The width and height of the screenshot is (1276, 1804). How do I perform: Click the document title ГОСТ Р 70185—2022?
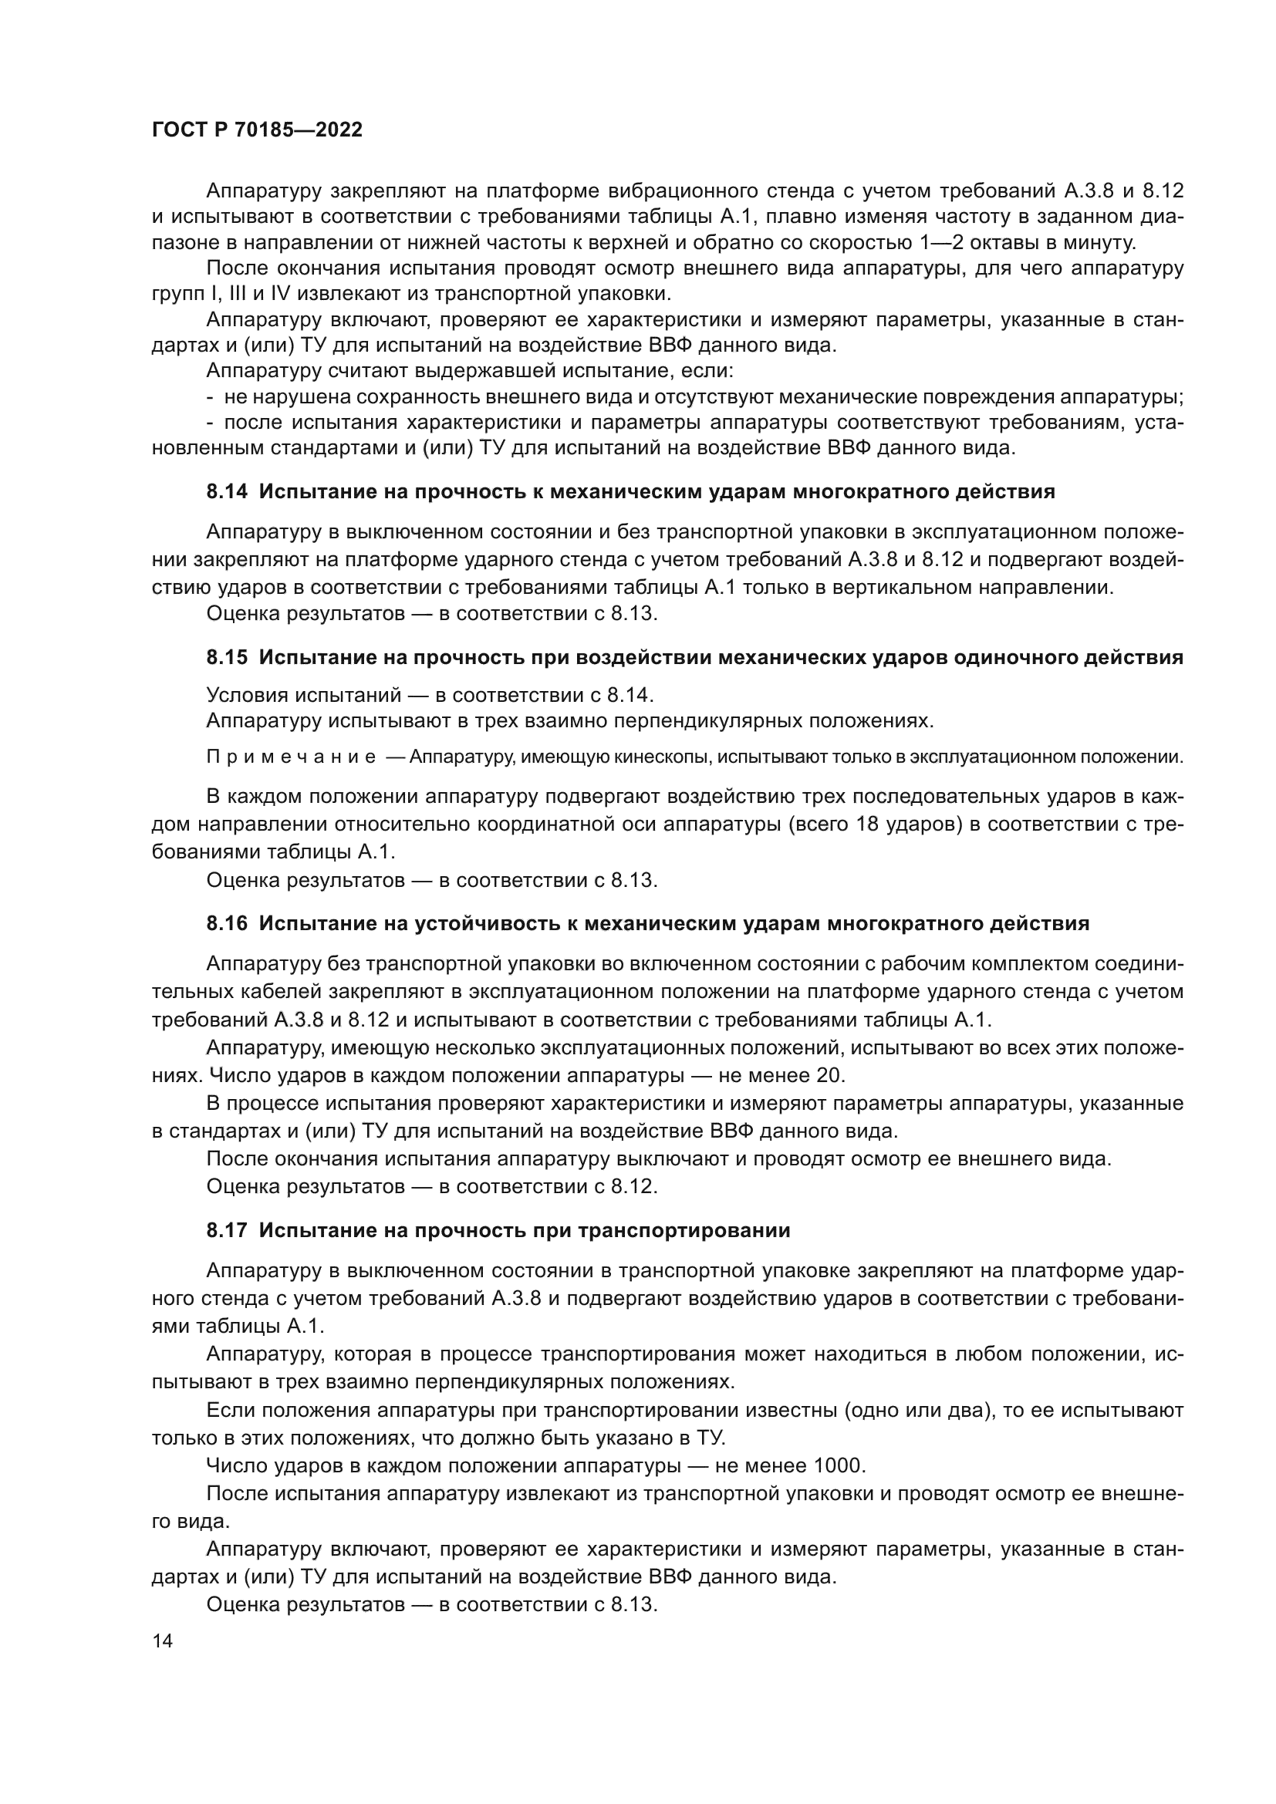click(x=257, y=130)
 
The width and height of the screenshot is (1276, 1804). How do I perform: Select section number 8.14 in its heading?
click(x=227, y=492)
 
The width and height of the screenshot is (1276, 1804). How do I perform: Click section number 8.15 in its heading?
click(x=227, y=658)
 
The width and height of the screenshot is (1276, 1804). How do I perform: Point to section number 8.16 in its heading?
click(x=227, y=924)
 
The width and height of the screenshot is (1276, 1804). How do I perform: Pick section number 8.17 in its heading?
click(x=227, y=1230)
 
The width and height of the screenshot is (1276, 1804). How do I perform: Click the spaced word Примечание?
click(x=291, y=757)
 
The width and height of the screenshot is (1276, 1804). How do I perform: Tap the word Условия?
click(x=248, y=695)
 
